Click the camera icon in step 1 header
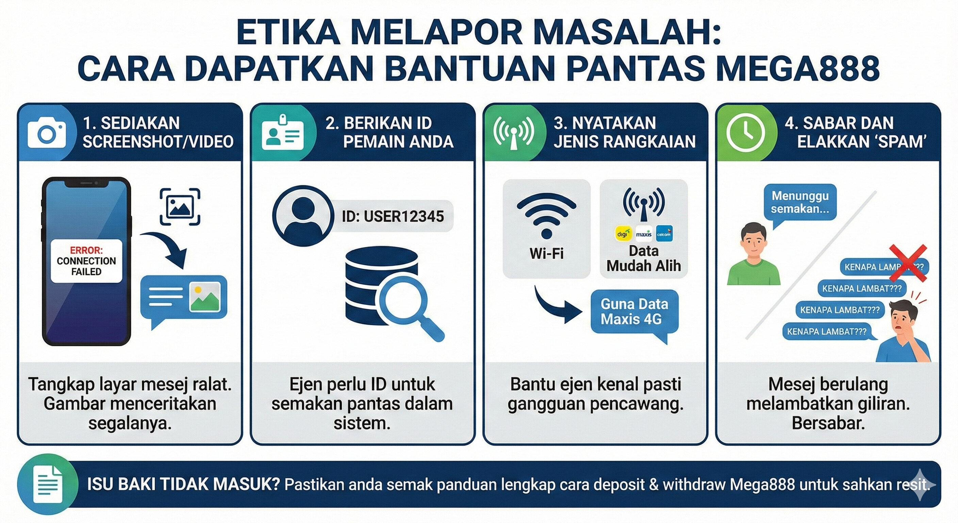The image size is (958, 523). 47,133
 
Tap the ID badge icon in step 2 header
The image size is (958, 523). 283,133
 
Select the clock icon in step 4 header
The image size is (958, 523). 745,133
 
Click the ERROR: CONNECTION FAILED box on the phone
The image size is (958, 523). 86,261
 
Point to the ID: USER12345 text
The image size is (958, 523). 393,216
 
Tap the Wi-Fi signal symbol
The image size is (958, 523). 546,215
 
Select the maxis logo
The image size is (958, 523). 643,234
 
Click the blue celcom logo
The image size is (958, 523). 664,234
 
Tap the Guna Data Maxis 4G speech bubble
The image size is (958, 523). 634,312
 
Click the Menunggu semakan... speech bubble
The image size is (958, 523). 799,203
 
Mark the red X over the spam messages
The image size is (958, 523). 907,263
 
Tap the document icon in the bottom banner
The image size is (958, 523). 48,484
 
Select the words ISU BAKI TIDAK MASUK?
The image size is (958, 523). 183,485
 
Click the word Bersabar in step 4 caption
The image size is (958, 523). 828,423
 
